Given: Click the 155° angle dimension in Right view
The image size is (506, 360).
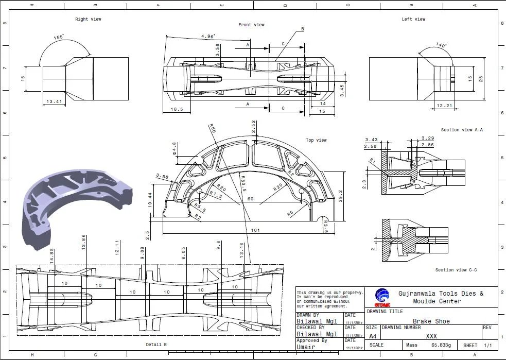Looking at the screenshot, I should tap(59, 37).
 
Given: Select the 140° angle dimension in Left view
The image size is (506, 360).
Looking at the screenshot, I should tap(441, 45).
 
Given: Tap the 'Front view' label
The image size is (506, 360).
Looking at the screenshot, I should tap(251, 25).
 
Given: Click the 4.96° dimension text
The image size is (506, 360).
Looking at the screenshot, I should tap(208, 37).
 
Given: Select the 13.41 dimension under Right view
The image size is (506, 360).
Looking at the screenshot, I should tap(54, 101).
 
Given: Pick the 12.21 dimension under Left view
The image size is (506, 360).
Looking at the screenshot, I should tap(444, 106).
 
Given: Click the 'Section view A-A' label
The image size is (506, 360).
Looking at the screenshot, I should tap(462, 130).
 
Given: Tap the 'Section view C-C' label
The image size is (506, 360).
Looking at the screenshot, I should tap(456, 270).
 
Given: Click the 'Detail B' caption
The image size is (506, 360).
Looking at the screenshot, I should tap(156, 344).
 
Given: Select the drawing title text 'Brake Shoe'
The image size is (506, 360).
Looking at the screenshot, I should tap(431, 321).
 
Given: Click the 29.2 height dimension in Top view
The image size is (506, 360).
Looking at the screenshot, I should tap(340, 196).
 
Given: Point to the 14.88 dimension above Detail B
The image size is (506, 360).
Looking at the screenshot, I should tap(51, 254).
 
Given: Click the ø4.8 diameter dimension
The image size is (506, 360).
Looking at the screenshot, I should tap(175, 148).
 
